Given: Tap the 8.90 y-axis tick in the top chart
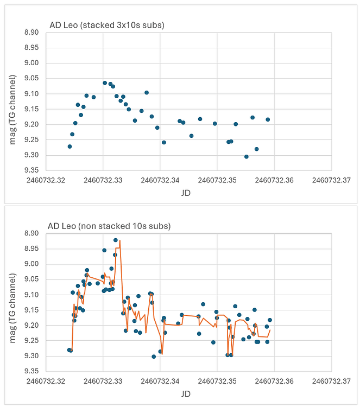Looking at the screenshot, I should click(31, 33).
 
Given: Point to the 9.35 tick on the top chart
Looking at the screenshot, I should click(31, 170).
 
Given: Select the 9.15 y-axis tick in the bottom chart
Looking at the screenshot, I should click(31, 310).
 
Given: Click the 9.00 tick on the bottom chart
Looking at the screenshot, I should click(31, 264).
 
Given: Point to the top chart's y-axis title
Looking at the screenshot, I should click(13, 101).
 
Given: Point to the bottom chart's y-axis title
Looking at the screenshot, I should click(13, 302).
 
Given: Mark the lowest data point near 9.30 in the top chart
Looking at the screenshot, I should click(247, 157).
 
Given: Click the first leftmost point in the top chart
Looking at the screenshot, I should click(70, 147).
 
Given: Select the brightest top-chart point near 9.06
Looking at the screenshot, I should click(105, 83).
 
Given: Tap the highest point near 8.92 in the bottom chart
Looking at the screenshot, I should click(116, 240).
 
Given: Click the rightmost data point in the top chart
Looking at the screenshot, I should click(268, 119).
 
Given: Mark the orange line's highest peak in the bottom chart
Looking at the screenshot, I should click(120, 240).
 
